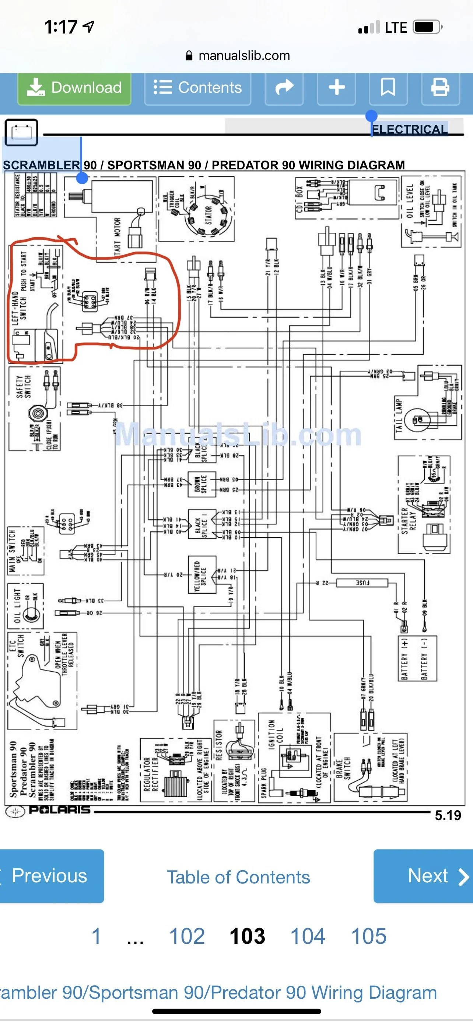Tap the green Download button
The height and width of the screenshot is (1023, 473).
pos(74,88)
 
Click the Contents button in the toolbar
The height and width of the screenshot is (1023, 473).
pos(198,88)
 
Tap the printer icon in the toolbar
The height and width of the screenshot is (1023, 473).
pos(440,87)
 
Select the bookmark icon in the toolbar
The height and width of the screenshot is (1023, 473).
pos(388,87)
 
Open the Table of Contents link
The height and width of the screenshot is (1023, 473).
pos(238,877)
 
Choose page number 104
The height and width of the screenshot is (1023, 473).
pos(308,936)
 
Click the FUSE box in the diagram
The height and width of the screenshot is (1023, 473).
pos(362,583)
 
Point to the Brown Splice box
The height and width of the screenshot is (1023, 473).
pos(202,484)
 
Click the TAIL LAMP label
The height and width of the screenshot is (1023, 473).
pos(399,415)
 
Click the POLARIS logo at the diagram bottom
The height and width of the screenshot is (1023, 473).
pos(60,809)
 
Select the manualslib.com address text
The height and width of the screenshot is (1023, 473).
pos(244,56)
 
